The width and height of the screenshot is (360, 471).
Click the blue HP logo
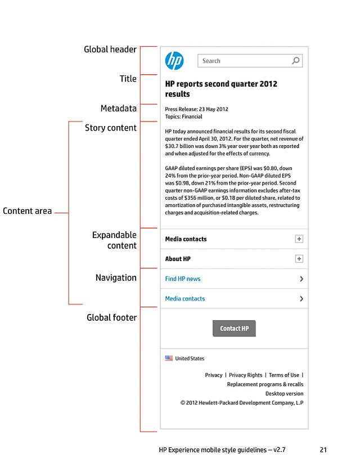[174, 61]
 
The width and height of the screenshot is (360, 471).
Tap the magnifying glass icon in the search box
[296, 61]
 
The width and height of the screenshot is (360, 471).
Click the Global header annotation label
[110, 50]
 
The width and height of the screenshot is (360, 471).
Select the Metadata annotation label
[118, 108]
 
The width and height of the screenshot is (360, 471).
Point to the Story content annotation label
[111, 128]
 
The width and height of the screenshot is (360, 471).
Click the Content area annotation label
[27, 212]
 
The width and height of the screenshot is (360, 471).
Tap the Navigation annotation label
[116, 277]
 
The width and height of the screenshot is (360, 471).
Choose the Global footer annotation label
[111, 317]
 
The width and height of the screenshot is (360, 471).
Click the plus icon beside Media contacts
[299, 239]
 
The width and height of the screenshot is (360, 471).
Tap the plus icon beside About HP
[299, 259]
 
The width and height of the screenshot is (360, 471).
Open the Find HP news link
[183, 279]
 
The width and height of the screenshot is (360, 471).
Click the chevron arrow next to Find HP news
[301, 279]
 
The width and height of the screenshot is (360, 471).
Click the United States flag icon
[169, 358]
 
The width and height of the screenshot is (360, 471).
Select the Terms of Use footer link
[284, 375]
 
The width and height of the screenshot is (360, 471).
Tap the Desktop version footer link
[284, 393]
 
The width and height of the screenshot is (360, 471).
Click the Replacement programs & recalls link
[265, 384]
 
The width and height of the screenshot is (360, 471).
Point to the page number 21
[323, 450]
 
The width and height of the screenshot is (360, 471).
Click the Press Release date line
[196, 109]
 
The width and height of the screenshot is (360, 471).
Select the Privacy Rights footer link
[245, 375]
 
